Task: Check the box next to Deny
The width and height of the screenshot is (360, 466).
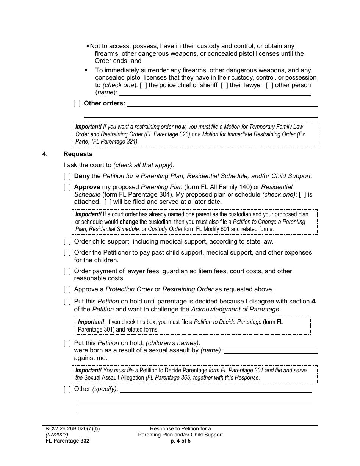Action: click(x=67, y=176)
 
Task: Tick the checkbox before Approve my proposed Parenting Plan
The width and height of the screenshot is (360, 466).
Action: click(x=67, y=187)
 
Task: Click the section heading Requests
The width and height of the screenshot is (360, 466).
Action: click(x=78, y=154)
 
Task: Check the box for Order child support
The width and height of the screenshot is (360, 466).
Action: click(x=67, y=241)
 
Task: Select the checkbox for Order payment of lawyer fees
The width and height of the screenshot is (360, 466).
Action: click(x=67, y=271)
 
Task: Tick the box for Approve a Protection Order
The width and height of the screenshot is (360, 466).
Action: click(x=67, y=289)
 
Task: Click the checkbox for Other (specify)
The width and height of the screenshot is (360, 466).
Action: click(x=67, y=389)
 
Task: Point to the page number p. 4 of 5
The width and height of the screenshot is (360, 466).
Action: click(x=180, y=441)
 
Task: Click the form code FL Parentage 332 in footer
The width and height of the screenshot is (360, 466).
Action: click(x=67, y=441)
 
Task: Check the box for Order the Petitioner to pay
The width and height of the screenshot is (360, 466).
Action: click(x=67, y=252)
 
